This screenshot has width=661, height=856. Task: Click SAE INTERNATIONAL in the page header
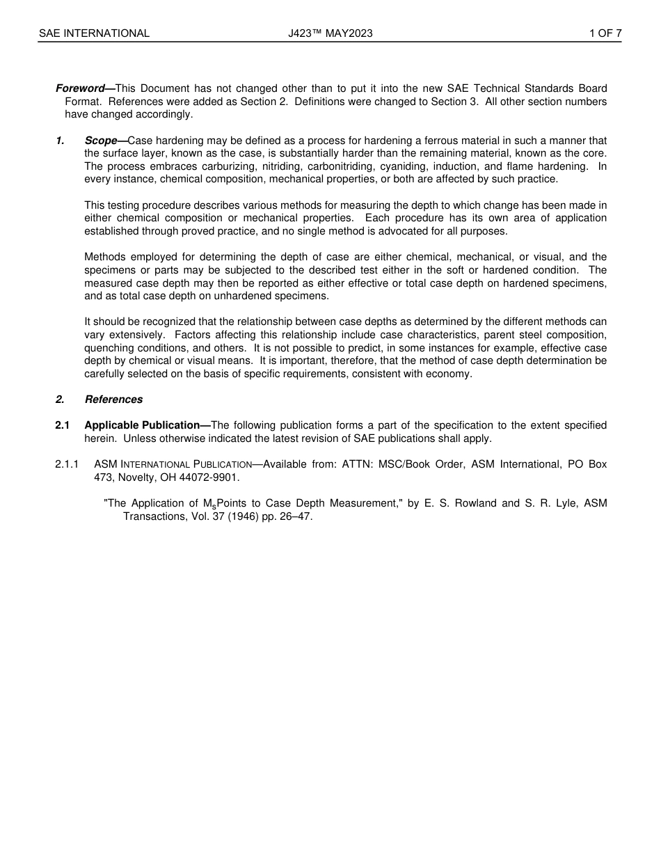click(94, 33)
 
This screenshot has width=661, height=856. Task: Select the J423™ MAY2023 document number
click(330, 33)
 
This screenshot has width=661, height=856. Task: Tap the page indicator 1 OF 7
click(605, 33)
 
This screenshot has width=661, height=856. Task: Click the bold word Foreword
click(79, 88)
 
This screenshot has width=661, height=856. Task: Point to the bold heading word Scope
click(101, 141)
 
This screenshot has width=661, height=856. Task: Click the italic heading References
click(113, 399)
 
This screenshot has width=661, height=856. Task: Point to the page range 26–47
click(298, 517)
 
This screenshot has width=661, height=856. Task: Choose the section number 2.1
click(63, 425)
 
